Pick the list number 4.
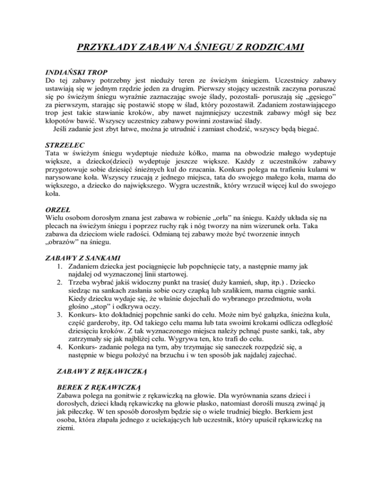point(60,365)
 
